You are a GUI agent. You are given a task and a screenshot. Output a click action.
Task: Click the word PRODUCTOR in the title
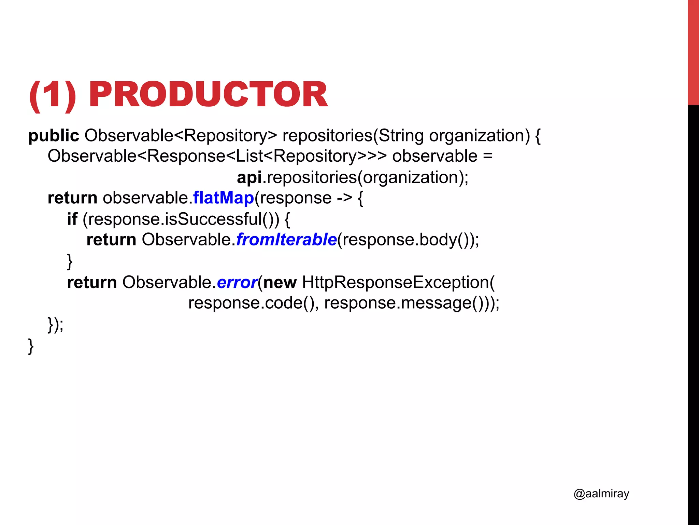point(208,95)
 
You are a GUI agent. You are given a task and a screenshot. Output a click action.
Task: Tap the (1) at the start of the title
point(53,95)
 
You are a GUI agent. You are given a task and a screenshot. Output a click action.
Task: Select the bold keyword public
point(54,136)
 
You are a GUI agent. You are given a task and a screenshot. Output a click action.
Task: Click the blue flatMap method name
point(223,198)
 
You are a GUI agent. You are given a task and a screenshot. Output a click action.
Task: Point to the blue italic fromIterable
point(286,240)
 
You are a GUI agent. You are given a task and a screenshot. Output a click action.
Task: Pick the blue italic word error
point(237,283)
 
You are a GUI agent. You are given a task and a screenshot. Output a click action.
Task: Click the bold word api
point(249,178)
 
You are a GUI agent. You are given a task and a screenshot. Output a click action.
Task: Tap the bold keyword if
point(72,219)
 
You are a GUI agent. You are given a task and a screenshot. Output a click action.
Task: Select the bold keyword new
point(280,283)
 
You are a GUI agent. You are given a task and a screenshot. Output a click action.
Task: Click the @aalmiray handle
point(601,494)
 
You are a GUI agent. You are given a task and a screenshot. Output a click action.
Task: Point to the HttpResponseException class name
point(396,283)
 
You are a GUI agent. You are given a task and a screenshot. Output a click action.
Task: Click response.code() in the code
point(251,303)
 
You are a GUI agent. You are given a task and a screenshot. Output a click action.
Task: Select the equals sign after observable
point(488,157)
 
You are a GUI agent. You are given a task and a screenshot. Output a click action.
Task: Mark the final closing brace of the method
point(31,346)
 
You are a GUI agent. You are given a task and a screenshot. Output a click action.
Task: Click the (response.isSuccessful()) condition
point(181,219)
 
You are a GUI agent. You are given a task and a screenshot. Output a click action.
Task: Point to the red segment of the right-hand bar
point(693,51)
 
